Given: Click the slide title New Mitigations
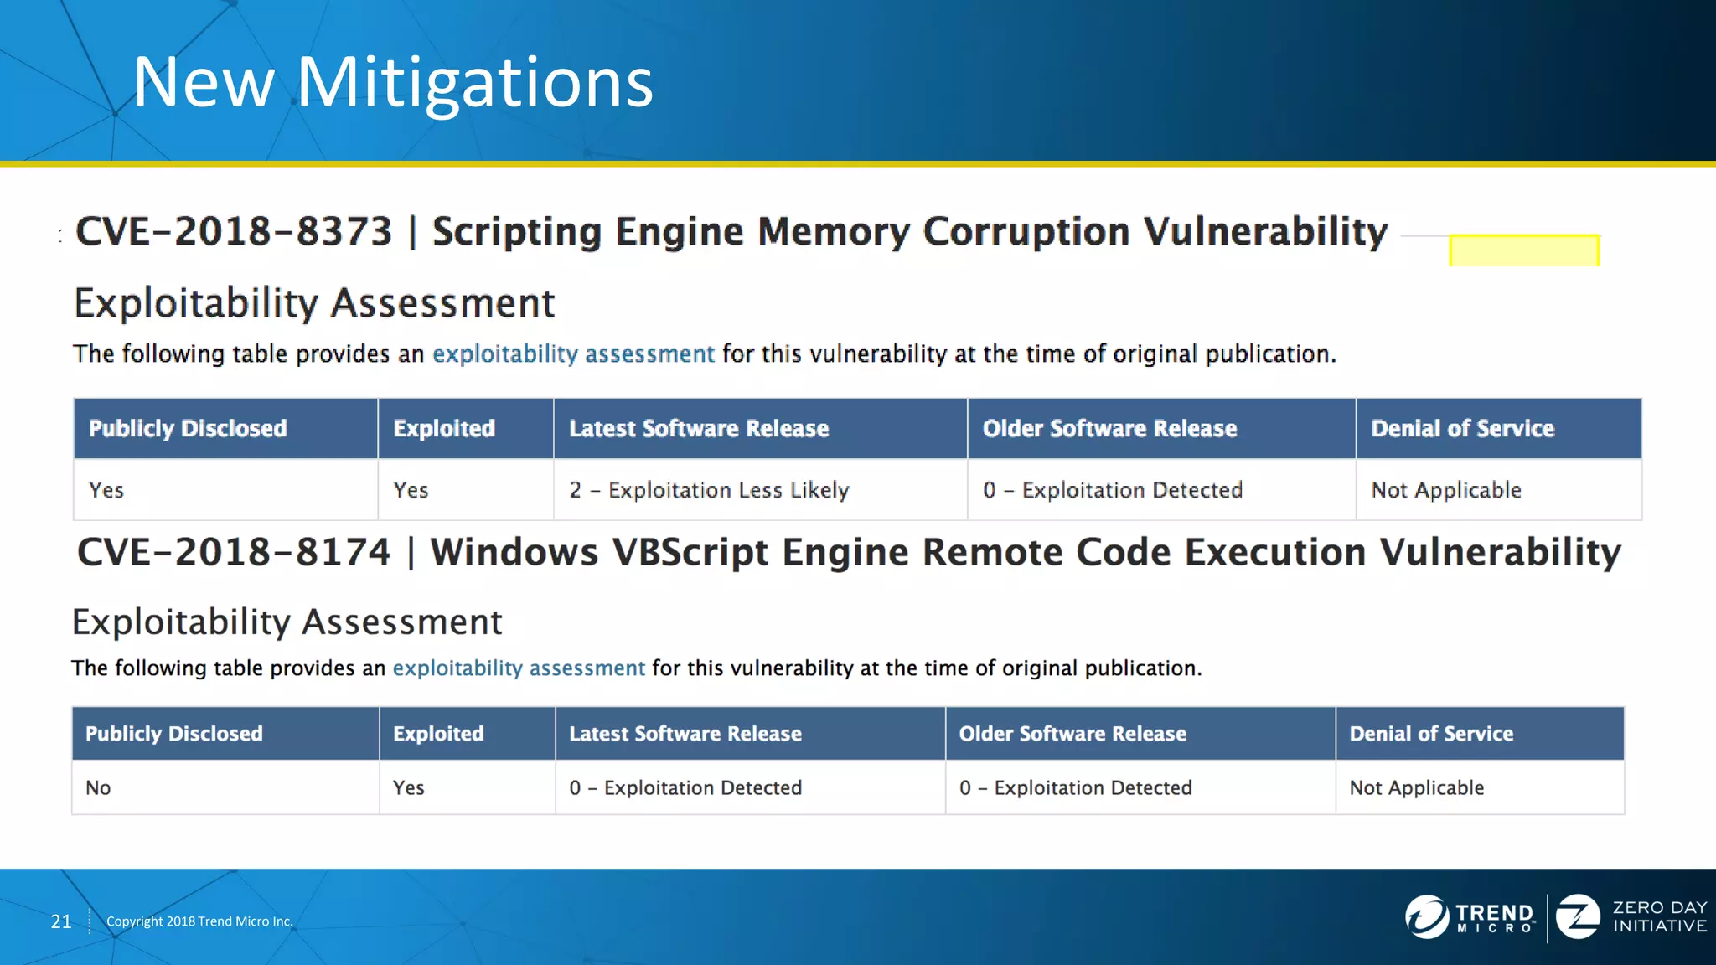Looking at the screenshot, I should [x=392, y=82].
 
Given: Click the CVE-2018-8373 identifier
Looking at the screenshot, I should [x=234, y=231].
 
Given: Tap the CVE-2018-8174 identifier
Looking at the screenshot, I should [x=234, y=552].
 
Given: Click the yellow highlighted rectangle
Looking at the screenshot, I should [x=1523, y=250].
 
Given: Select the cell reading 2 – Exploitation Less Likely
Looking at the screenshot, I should [x=709, y=490].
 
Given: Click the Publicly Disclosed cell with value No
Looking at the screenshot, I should [x=98, y=787].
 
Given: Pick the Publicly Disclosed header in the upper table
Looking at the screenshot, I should [x=188, y=429].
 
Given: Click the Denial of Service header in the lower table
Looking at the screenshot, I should [x=1431, y=734].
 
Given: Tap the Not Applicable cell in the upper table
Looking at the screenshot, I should [x=1445, y=490].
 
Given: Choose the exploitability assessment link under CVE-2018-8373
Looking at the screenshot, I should [x=573, y=354].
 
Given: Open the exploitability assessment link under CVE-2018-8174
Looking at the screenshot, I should [x=519, y=668].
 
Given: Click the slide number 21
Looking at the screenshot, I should [x=61, y=921].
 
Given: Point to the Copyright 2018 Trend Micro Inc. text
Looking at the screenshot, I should [x=199, y=921].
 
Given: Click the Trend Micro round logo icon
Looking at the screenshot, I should [x=1426, y=916].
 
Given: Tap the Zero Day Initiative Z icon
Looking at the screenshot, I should [x=1577, y=916].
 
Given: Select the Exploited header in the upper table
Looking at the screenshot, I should [x=444, y=429].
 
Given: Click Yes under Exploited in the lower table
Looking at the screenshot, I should [x=409, y=787].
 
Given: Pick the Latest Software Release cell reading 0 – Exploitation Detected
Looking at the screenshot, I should [x=685, y=787].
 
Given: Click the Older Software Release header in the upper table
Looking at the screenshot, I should [x=1109, y=429].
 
